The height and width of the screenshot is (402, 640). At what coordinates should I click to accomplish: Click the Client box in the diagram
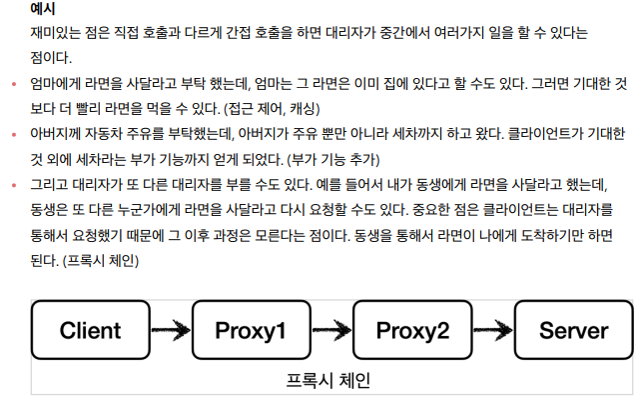tap(91, 330)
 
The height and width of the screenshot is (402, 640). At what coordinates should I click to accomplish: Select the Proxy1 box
tap(253, 330)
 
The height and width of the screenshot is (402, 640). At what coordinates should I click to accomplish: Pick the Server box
tap(573, 330)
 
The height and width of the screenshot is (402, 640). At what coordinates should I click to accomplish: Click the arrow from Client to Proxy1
tap(172, 330)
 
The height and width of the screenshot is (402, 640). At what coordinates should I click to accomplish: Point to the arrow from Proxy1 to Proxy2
tap(333, 330)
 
